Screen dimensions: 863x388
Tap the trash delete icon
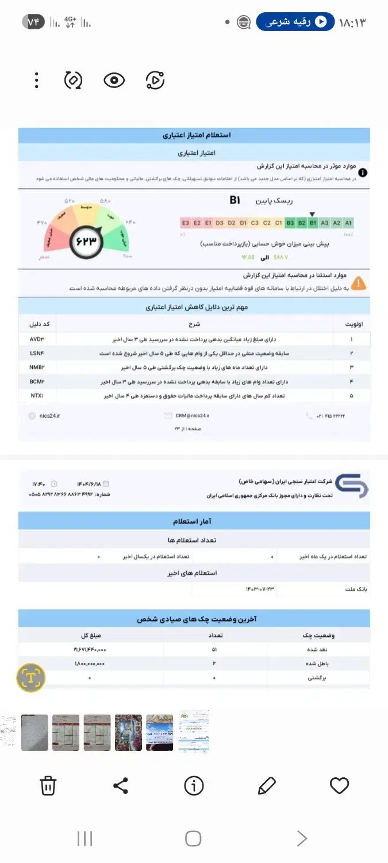[48, 785]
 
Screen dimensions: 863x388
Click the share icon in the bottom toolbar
[121, 785]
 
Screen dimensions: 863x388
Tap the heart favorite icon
[340, 785]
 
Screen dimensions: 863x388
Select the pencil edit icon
[267, 785]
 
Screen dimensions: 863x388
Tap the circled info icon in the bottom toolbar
[194, 785]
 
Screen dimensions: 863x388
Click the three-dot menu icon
[36, 81]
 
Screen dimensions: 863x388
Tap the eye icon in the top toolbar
[114, 81]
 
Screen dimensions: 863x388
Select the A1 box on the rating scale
[348, 223]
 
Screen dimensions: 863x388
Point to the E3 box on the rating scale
[185, 223]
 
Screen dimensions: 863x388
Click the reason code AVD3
[37, 339]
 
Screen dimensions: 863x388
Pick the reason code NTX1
[37, 396]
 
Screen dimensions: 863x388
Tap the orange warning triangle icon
[358, 283]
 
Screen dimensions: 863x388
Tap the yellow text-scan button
[30, 678]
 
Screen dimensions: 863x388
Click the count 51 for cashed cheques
[214, 649]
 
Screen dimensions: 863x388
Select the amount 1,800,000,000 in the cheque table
[89, 663]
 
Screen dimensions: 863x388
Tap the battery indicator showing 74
[33, 22]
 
